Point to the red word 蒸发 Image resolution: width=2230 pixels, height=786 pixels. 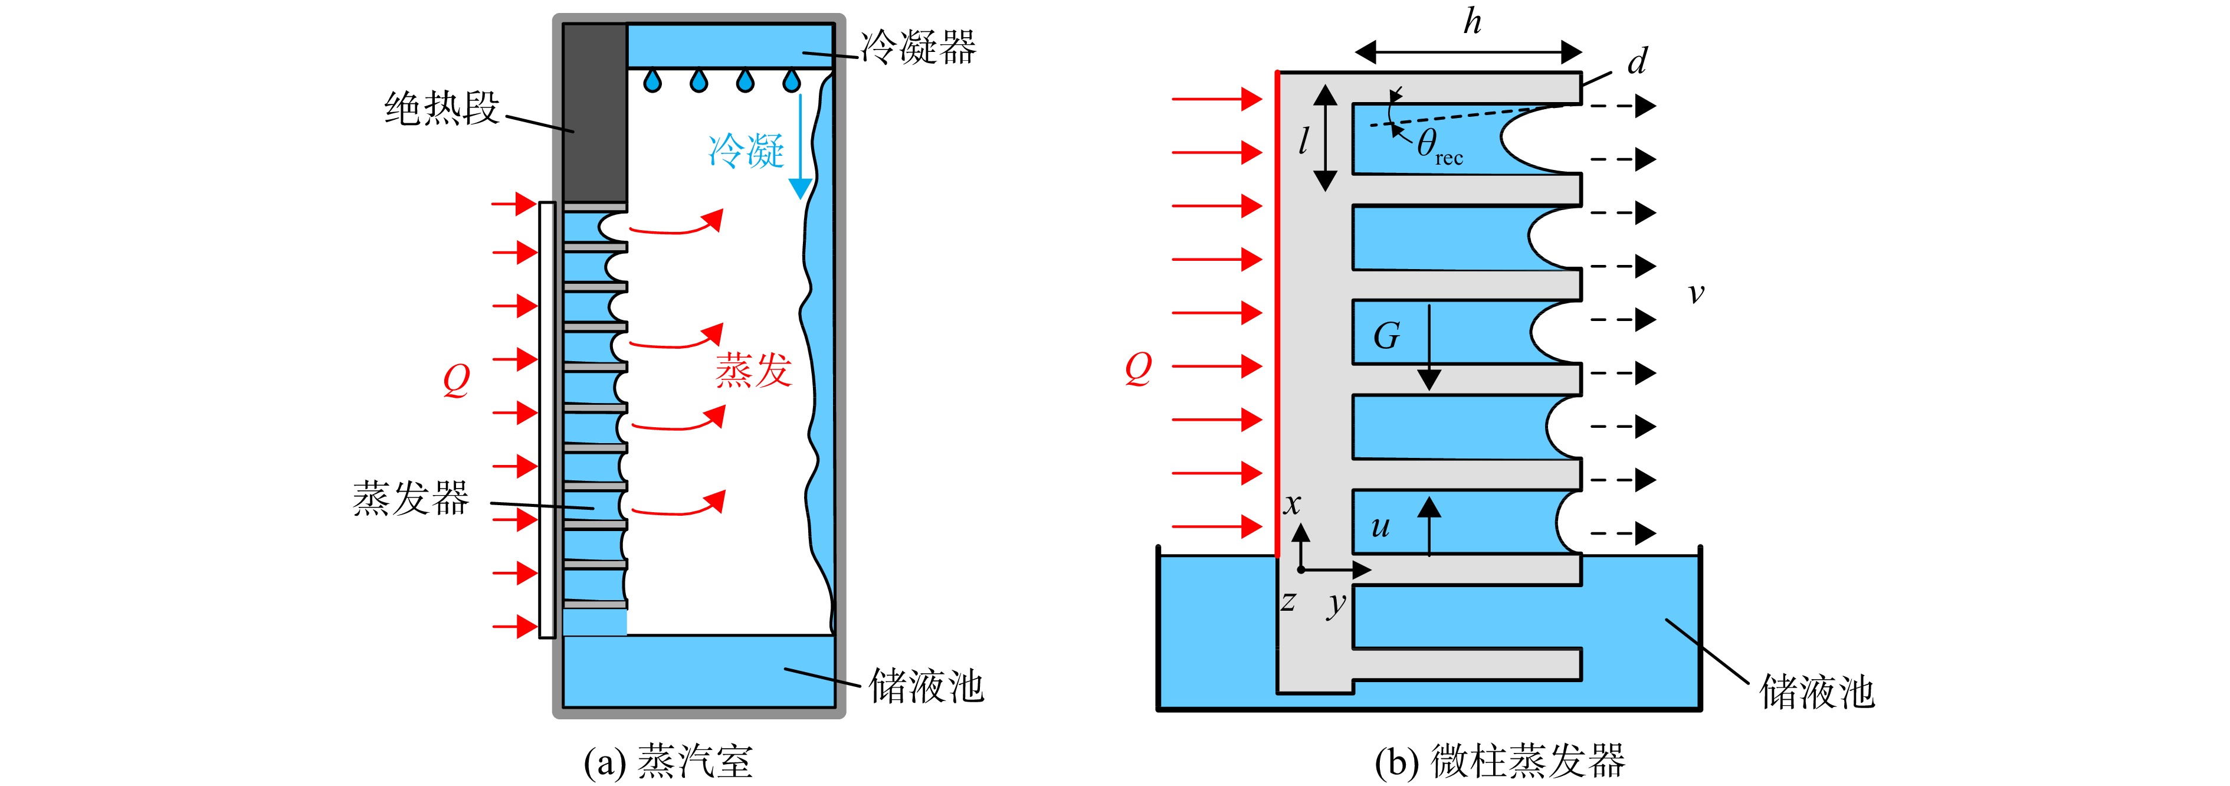pyautogui.click(x=753, y=369)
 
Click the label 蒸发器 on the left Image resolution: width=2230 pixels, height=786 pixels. pyautogui.click(x=411, y=498)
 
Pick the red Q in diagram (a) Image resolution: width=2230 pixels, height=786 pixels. pyautogui.click(x=456, y=379)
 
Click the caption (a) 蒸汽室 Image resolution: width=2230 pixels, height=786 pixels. pyautogui.click(x=668, y=761)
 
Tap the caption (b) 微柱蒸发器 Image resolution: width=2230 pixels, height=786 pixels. pyautogui.click(x=1500, y=761)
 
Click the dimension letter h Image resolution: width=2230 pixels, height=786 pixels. pyautogui.click(x=1473, y=22)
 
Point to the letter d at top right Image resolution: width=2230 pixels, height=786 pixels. pyautogui.click(x=1637, y=61)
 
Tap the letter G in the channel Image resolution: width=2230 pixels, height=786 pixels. pyautogui.click(x=1387, y=335)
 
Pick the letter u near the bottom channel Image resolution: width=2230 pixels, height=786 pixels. pyautogui.click(x=1380, y=526)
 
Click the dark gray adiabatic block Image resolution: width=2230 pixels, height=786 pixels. pyautogui.click(x=595, y=113)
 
